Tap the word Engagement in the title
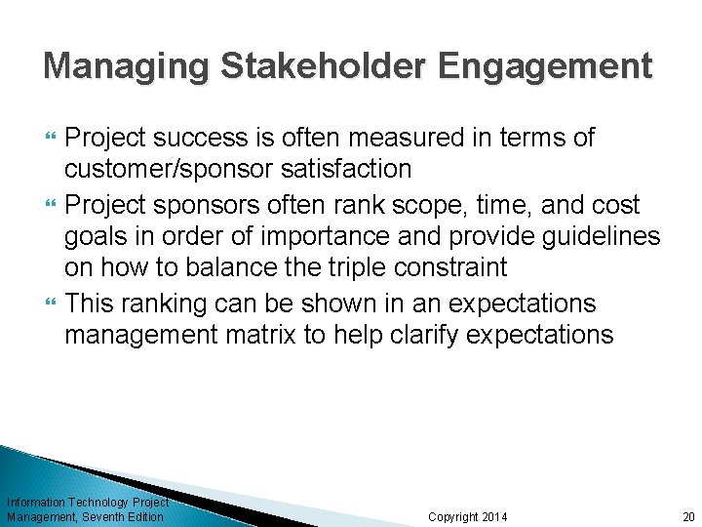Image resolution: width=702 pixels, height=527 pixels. coord(545,66)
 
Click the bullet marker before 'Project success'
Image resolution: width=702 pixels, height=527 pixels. coord(51,139)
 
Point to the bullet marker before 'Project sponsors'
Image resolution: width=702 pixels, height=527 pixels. coord(51,205)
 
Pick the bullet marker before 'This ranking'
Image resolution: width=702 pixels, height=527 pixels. coord(51,304)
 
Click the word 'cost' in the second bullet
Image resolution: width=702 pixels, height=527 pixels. coord(613,205)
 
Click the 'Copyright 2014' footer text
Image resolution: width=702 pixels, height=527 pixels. coord(468,516)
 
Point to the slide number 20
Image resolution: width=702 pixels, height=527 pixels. coord(688,516)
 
